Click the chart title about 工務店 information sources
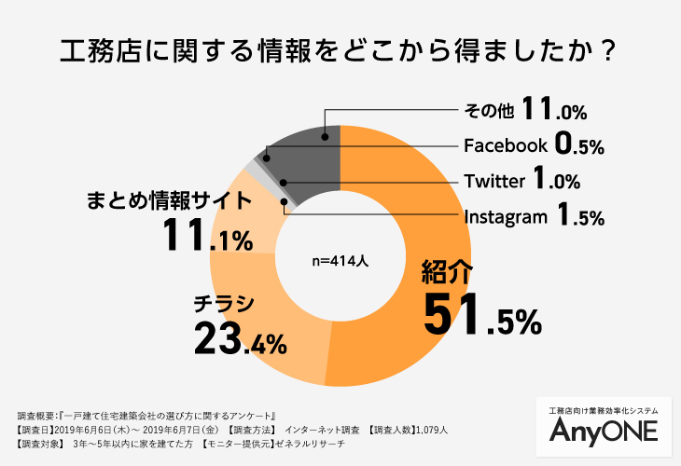[x=340, y=48]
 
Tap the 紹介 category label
[x=448, y=272]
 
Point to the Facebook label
[x=505, y=145]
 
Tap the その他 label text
[x=489, y=111]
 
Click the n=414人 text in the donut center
[x=340, y=262]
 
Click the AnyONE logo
[x=604, y=430]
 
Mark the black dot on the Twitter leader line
[x=283, y=182]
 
